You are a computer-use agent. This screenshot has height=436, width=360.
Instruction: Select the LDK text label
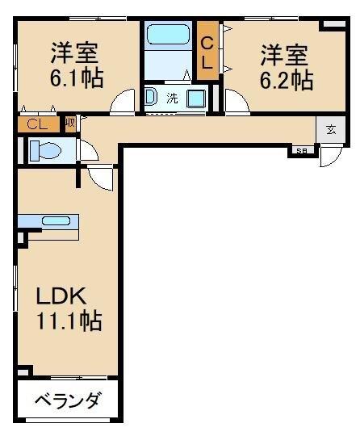pyautogui.click(x=60, y=296)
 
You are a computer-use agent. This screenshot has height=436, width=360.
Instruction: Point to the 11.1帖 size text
pyautogui.click(x=68, y=321)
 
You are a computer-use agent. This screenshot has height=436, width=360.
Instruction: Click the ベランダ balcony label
pyautogui.click(x=68, y=400)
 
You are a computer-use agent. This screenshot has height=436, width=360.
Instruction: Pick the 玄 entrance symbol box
pyautogui.click(x=331, y=129)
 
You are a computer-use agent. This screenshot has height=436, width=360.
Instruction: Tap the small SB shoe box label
pyautogui.click(x=301, y=151)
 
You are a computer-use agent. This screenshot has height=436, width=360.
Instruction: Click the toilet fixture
pyautogui.click(x=45, y=150)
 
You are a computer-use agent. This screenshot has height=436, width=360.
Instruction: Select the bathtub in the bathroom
pyautogui.click(x=167, y=36)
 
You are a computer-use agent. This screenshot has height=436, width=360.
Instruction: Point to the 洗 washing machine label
pyautogui.click(x=172, y=99)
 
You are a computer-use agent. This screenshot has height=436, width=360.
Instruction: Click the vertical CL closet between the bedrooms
pyautogui.click(x=207, y=52)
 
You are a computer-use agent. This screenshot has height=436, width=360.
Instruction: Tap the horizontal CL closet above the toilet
pyautogui.click(x=37, y=124)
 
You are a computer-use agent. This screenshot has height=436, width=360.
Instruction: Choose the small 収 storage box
pyautogui.click(x=70, y=123)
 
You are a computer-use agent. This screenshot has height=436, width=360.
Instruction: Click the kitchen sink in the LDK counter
pyautogui.click(x=56, y=220)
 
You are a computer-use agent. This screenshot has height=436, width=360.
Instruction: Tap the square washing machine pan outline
pyautogui.click(x=196, y=99)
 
